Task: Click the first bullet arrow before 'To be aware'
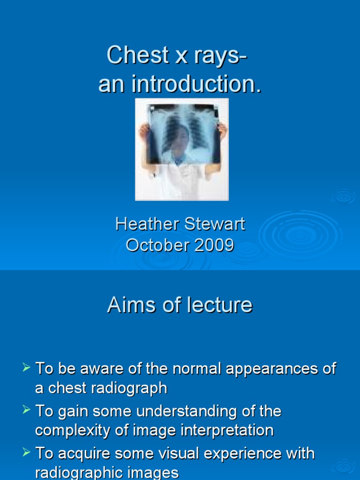[27, 367]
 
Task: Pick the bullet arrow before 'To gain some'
[27, 410]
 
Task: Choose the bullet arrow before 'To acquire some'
[27, 453]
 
